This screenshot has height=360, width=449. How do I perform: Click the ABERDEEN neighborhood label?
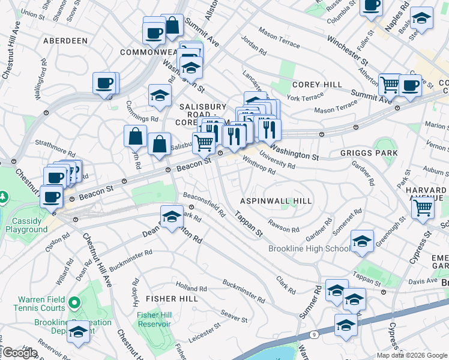tap(65, 41)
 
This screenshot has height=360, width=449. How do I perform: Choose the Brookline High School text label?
tap(309, 249)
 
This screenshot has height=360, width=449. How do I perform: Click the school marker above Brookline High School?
tap(362, 241)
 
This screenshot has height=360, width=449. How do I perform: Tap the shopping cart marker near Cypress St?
tap(423, 208)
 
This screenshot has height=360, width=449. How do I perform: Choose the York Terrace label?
tap(304, 97)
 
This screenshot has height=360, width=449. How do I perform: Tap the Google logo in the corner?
tap(19, 353)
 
